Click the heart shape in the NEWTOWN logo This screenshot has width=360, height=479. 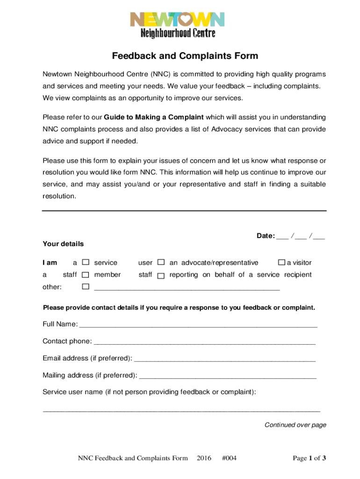[x=185, y=20]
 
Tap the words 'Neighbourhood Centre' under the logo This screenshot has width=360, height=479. [x=178, y=33]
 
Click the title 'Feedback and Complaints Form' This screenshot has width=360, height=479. [x=185, y=56]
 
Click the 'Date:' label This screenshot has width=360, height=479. [x=266, y=236]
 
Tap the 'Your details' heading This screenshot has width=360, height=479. [x=63, y=244]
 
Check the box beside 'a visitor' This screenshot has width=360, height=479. [x=281, y=263]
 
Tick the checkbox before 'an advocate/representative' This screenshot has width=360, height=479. [x=161, y=263]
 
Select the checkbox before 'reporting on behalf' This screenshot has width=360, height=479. [x=161, y=276]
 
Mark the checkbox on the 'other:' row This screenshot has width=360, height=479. [x=86, y=286]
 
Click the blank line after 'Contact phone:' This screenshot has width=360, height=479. [x=204, y=342]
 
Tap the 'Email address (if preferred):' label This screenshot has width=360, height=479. [x=87, y=358]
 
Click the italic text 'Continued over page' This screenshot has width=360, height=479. [x=295, y=425]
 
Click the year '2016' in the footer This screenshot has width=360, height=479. [x=204, y=458]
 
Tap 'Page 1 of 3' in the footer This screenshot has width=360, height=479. [x=309, y=458]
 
